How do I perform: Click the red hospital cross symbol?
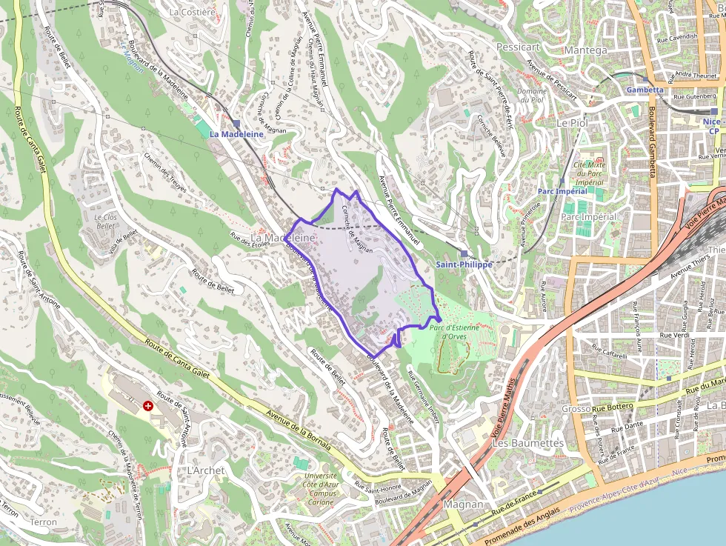(148, 406)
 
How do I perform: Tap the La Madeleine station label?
(236, 134)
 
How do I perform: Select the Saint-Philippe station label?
(464, 264)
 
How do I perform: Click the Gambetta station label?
(645, 90)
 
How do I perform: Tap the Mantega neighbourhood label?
(585, 50)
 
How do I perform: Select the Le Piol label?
(571, 122)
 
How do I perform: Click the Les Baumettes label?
(528, 443)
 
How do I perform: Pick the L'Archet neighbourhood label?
(205, 470)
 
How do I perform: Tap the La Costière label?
(192, 12)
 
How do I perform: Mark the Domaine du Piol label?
(531, 96)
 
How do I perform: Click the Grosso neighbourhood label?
(576, 409)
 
